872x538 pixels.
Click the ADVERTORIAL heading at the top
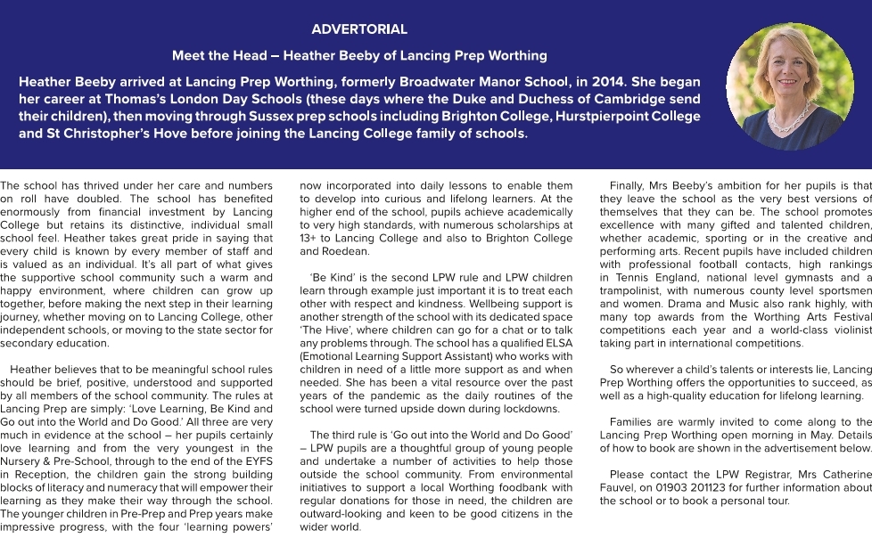[x=359, y=29]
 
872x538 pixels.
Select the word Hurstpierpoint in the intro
[x=602, y=117]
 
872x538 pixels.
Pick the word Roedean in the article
[x=321, y=252]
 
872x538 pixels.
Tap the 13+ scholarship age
[x=308, y=239]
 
